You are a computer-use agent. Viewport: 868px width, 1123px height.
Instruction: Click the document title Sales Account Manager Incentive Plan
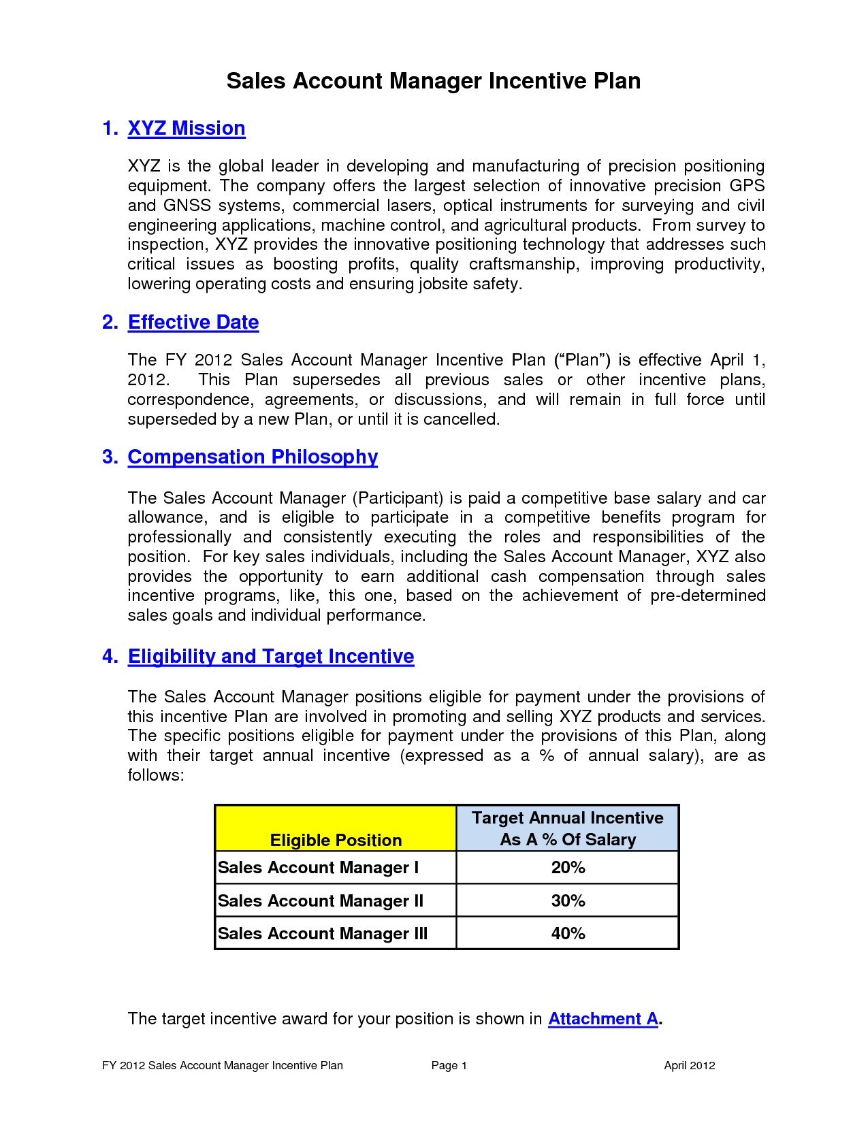click(433, 81)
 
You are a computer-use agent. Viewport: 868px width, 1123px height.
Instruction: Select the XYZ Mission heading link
click(186, 128)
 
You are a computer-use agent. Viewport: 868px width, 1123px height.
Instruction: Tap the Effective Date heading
click(193, 322)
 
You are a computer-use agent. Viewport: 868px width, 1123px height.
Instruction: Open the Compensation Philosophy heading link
click(253, 457)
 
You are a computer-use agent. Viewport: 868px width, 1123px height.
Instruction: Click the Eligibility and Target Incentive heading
click(271, 656)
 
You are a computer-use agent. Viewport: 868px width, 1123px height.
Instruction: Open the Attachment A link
click(602, 1018)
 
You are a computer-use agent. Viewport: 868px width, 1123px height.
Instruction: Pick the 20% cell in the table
click(568, 868)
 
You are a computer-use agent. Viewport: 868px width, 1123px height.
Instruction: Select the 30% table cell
click(568, 900)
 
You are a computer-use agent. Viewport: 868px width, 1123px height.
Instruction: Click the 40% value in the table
click(568, 933)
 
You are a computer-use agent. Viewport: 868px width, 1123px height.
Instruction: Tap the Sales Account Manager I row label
click(318, 868)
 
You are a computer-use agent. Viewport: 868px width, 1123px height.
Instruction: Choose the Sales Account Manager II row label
click(321, 901)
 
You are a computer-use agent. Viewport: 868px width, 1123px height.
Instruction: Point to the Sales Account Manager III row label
click(323, 934)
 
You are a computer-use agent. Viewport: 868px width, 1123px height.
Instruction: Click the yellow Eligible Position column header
click(336, 840)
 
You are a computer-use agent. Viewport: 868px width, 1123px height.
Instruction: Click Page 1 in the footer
click(449, 1066)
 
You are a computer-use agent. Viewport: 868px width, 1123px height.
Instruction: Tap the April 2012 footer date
click(689, 1066)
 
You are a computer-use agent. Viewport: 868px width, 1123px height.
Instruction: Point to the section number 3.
click(110, 457)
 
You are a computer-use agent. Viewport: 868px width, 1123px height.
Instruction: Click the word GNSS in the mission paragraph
click(187, 206)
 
